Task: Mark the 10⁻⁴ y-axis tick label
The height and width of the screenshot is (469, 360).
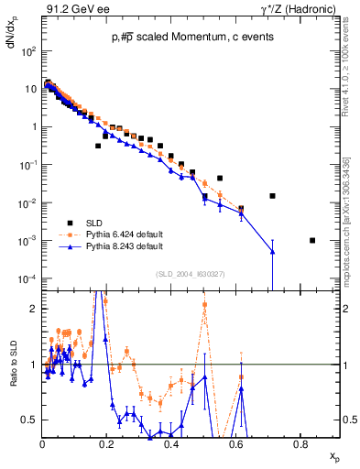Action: pyautogui.click(x=27, y=278)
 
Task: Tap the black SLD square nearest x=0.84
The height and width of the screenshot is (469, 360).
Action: pyautogui.click(x=312, y=241)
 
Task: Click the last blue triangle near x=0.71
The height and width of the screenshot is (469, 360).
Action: pyautogui.click(x=272, y=252)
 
